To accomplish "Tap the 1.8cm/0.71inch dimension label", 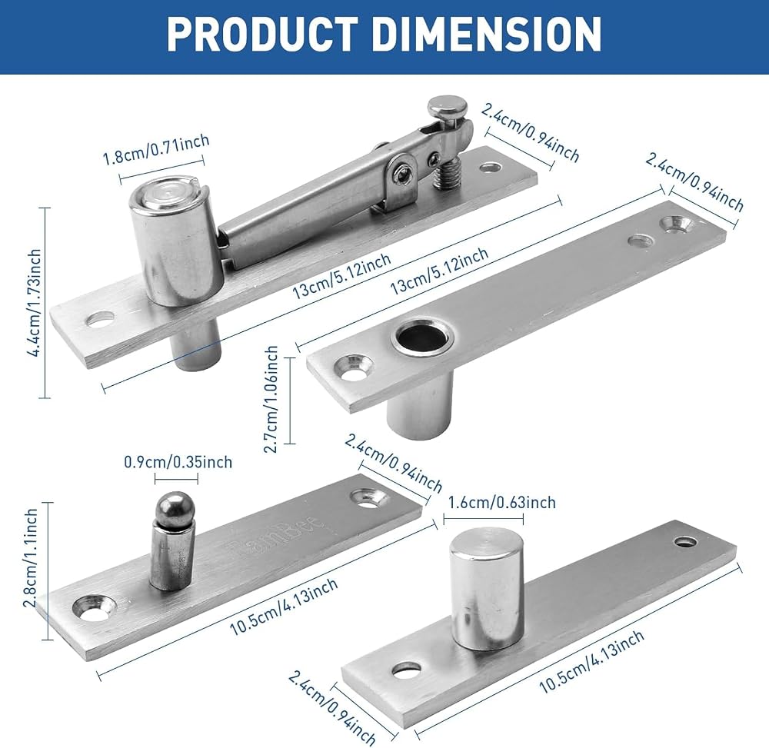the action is pos(156,151).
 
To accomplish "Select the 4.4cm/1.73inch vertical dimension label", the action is pos(35,302).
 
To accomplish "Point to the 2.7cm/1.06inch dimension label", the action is pos(271,400).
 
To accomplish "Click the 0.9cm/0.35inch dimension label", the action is pos(178,462).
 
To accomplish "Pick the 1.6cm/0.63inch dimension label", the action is pos(502,503).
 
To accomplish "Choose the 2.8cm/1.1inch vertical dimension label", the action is pos(31,558).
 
